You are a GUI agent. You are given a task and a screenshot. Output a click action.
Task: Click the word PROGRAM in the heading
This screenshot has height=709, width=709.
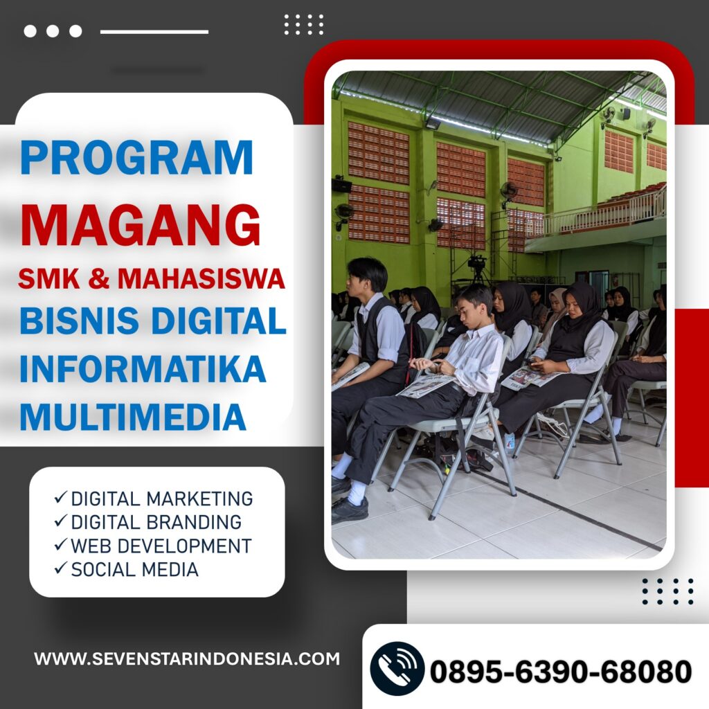click(136, 157)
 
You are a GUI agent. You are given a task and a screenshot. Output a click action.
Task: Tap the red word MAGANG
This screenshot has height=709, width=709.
click(140, 225)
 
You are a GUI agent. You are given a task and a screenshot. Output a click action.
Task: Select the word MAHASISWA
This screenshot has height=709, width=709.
click(201, 278)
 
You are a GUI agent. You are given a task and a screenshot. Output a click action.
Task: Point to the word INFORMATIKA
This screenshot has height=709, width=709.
click(143, 368)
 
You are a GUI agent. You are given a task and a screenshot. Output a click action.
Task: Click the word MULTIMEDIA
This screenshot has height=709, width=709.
click(133, 416)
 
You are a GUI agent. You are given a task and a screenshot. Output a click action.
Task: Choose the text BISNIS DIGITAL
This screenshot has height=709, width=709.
click(153, 320)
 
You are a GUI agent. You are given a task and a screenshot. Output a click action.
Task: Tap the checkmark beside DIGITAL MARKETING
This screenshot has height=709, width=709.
click(61, 497)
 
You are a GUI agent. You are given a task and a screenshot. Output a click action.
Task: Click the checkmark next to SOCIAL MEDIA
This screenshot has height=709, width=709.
click(61, 568)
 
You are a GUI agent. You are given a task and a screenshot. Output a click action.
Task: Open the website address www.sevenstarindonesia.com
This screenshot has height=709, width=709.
click(187, 658)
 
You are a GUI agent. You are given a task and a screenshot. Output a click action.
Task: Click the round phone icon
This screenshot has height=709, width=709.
click(397, 669)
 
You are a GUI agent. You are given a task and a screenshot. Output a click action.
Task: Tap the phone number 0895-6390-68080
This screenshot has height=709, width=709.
click(561, 672)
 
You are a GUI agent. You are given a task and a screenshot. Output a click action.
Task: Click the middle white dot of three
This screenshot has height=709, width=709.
click(53, 31)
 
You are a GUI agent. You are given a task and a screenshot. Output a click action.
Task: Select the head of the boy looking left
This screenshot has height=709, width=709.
click(366, 276)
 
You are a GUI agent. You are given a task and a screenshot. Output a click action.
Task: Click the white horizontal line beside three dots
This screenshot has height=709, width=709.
click(154, 32)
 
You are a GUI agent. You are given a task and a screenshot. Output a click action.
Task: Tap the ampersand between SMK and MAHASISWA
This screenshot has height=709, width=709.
click(98, 278)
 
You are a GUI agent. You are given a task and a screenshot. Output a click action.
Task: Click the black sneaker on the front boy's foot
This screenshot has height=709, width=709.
click(350, 510)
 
